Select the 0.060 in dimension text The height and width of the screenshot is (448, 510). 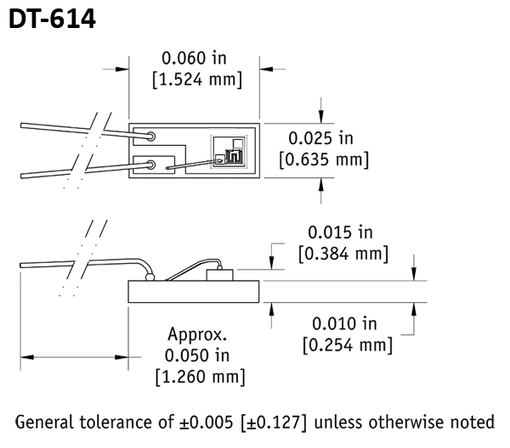click(195, 59)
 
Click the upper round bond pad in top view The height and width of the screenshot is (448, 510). click(150, 136)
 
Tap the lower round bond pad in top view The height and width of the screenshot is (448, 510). click(150, 165)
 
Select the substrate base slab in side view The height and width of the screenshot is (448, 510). click(193, 292)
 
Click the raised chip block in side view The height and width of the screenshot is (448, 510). click(222, 274)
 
